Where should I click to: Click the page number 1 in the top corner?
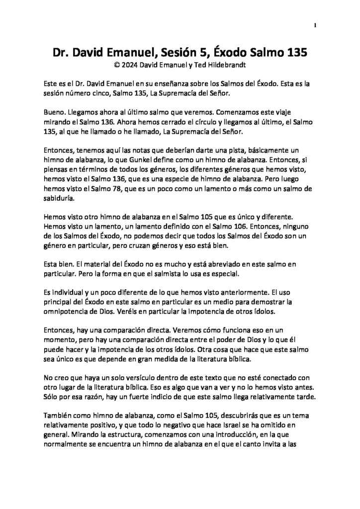pos(316,25)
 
